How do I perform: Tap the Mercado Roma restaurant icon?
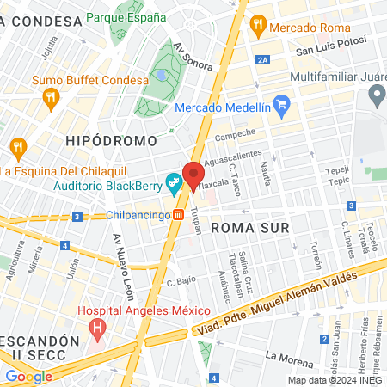[257, 28]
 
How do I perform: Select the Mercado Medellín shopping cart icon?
[281, 107]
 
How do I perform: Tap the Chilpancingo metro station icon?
[178, 215]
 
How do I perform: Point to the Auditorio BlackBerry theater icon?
[175, 182]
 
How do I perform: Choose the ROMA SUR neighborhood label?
[246, 227]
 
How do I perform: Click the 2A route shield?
[263, 59]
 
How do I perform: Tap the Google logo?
[28, 376]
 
